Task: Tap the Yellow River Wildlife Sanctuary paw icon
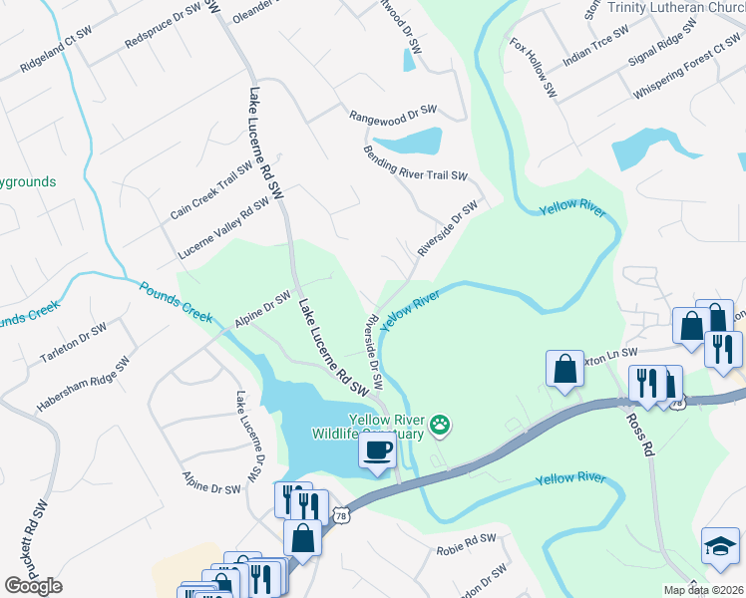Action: pos(440,427)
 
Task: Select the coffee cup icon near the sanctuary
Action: pos(377,450)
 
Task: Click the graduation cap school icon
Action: pos(720,546)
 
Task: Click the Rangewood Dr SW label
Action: pos(393,116)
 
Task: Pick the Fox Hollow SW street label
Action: pos(533,69)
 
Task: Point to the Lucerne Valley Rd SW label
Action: pos(223,228)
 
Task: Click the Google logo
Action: pos(33,586)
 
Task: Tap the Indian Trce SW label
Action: pos(596,46)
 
